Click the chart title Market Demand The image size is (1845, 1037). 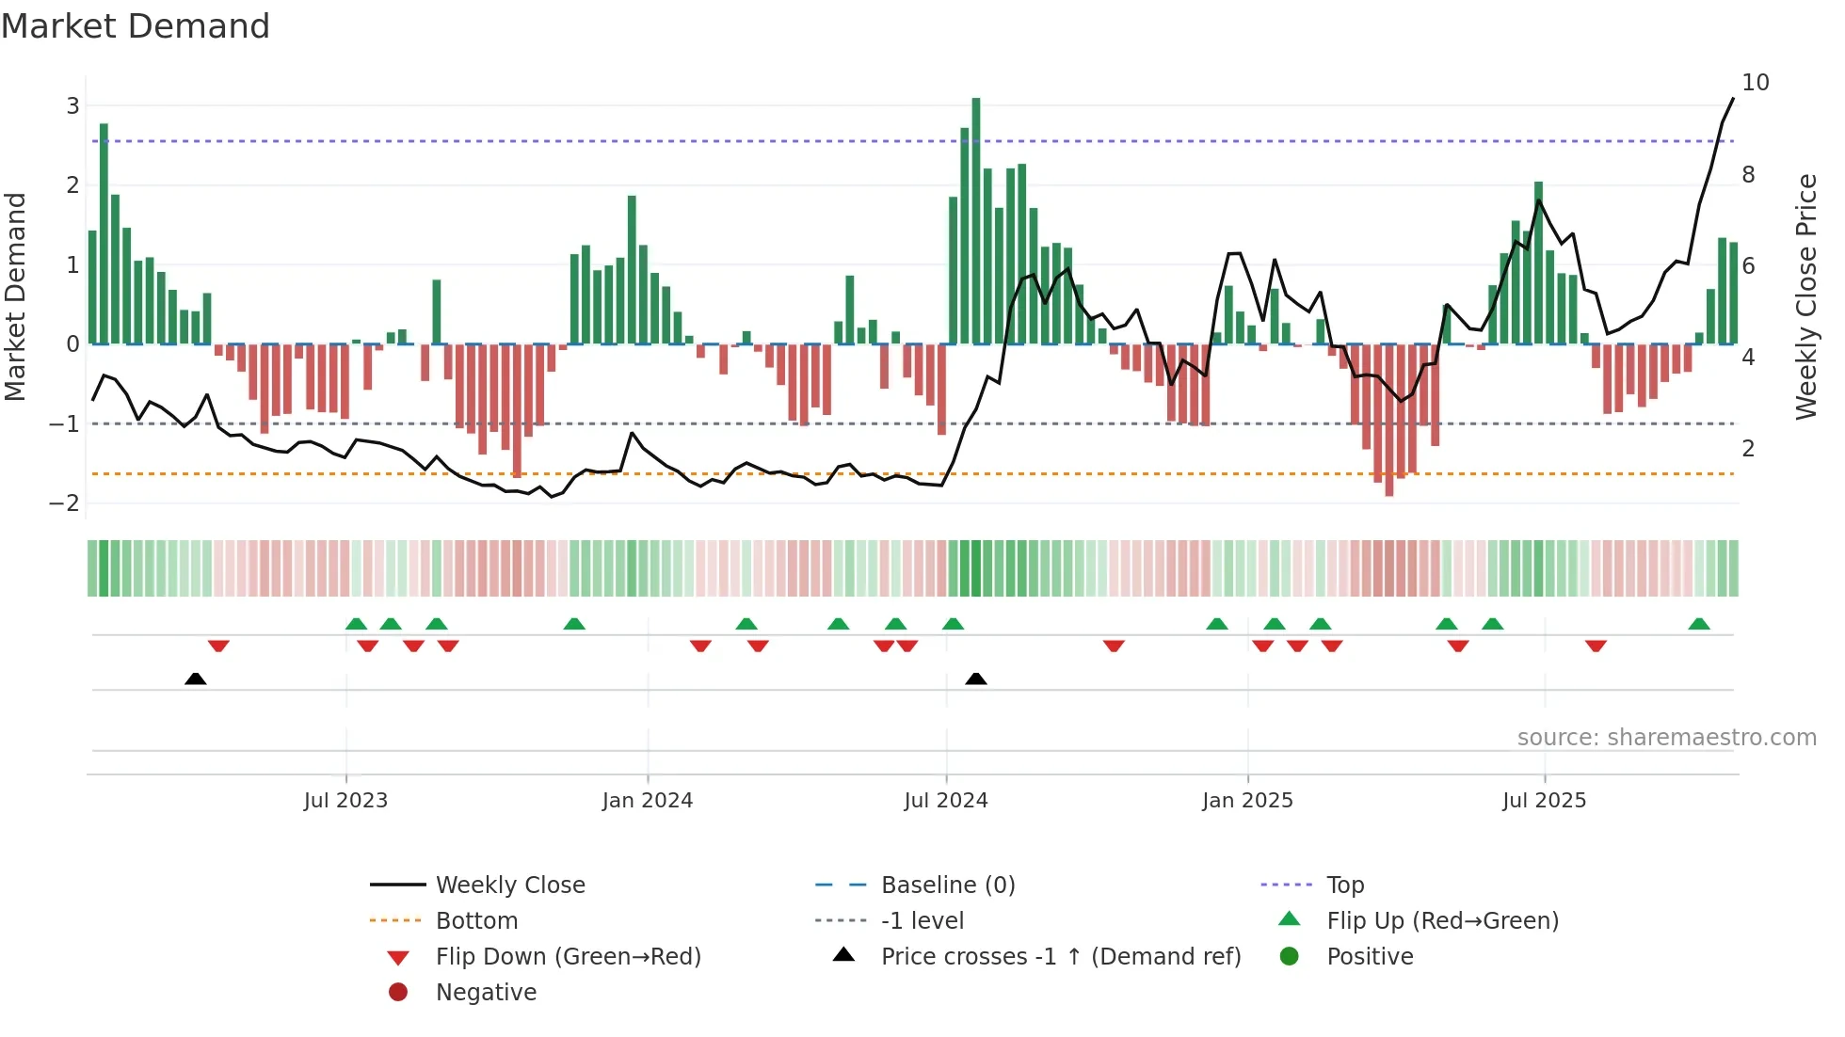click(x=136, y=26)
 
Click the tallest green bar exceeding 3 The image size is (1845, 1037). click(x=976, y=221)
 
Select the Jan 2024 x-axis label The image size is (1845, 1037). click(x=648, y=801)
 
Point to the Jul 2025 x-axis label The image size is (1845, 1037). click(x=1544, y=801)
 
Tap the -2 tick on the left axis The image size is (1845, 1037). click(x=65, y=503)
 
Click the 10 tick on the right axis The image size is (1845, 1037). click(x=1756, y=83)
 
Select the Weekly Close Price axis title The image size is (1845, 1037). click(x=1805, y=296)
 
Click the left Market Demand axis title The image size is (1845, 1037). click(x=16, y=296)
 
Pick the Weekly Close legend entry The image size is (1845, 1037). click(x=509, y=885)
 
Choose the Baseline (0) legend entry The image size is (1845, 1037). click(x=947, y=885)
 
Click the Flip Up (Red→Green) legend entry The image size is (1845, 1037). click(x=1442, y=921)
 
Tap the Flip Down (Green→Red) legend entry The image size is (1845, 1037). click(x=568, y=957)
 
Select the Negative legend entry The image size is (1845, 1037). click(x=486, y=993)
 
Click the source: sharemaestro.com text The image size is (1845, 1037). click(x=1666, y=738)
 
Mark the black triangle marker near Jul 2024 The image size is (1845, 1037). click(x=976, y=678)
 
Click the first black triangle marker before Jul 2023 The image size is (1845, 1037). click(x=195, y=678)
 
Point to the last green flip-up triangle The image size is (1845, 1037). click(x=1699, y=624)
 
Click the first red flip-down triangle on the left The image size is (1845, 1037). click(x=218, y=646)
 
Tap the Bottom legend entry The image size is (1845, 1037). click(x=476, y=921)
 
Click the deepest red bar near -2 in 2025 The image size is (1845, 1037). click(x=1389, y=420)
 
